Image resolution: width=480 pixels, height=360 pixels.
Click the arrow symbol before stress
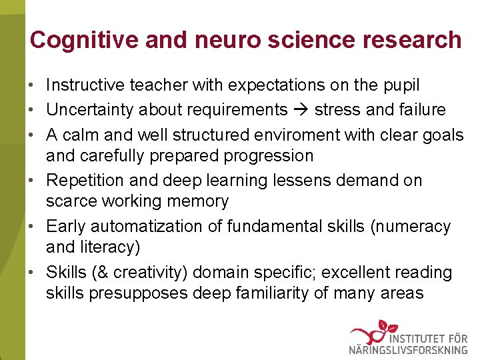(301, 109)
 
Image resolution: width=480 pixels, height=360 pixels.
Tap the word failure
(422, 109)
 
